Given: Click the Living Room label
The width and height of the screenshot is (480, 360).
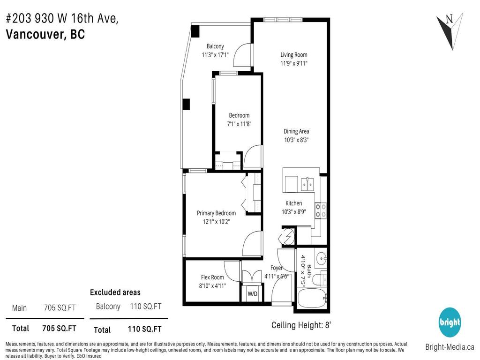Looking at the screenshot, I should (294, 55).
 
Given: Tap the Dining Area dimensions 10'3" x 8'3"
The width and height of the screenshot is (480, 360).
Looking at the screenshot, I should (296, 140).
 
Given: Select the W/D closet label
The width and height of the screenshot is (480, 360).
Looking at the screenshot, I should (252, 294).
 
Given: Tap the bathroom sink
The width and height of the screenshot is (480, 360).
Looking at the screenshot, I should (321, 258).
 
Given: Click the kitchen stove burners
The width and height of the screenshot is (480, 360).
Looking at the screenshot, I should (321, 210).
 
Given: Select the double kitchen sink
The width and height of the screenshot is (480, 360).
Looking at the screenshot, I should (308, 183).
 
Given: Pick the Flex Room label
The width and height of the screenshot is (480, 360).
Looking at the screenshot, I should (212, 277).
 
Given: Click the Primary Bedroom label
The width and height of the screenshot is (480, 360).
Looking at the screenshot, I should (216, 213).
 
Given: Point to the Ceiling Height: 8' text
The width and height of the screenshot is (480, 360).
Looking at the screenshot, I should (302, 325).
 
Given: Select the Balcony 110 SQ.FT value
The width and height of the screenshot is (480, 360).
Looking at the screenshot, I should (146, 307).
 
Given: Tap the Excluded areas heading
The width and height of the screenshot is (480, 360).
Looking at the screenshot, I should (115, 292).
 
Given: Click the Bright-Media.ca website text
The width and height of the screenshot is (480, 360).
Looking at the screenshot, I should (450, 347).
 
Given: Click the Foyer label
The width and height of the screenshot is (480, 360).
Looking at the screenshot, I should (277, 268).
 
